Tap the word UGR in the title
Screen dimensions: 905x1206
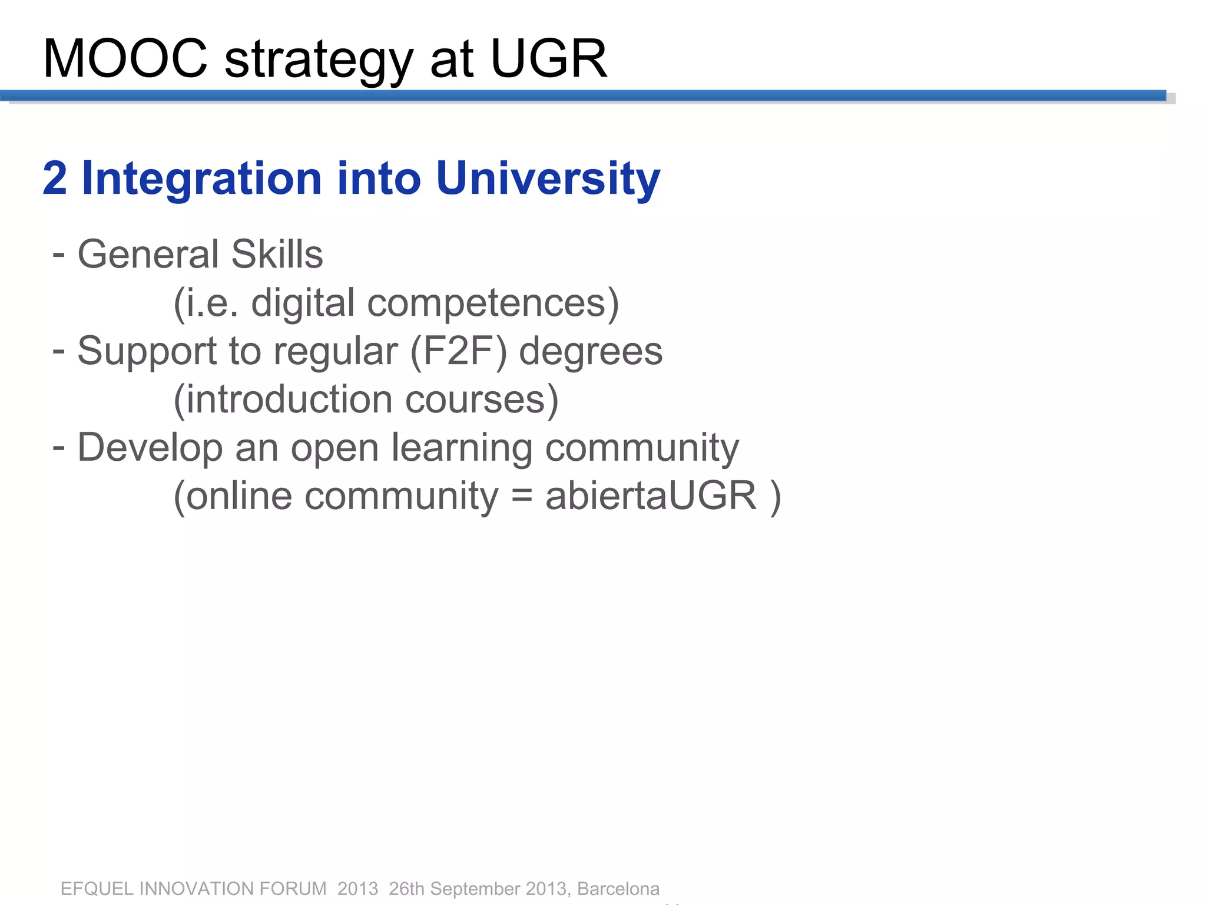click(x=548, y=58)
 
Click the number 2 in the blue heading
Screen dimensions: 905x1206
click(x=55, y=178)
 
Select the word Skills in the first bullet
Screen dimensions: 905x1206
click(x=277, y=254)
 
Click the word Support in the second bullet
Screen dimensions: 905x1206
click(x=147, y=352)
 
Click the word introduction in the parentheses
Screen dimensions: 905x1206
click(x=289, y=399)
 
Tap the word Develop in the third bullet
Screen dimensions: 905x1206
click(x=150, y=448)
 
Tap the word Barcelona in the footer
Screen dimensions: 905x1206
click(x=618, y=889)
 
